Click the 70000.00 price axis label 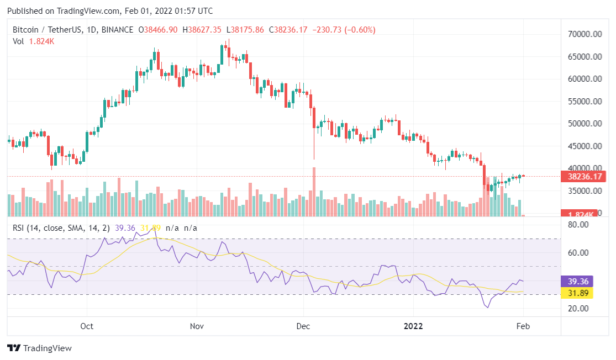[586, 34]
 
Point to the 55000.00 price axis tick [586, 102]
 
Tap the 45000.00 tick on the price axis [586, 146]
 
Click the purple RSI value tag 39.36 [576, 280]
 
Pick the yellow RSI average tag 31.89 [576, 293]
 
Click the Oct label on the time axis [87, 326]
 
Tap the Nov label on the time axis [197, 326]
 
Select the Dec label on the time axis [303, 326]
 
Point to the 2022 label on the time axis [413, 326]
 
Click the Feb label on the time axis [523, 326]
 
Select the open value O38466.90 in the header [158, 30]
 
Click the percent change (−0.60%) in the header [361, 30]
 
